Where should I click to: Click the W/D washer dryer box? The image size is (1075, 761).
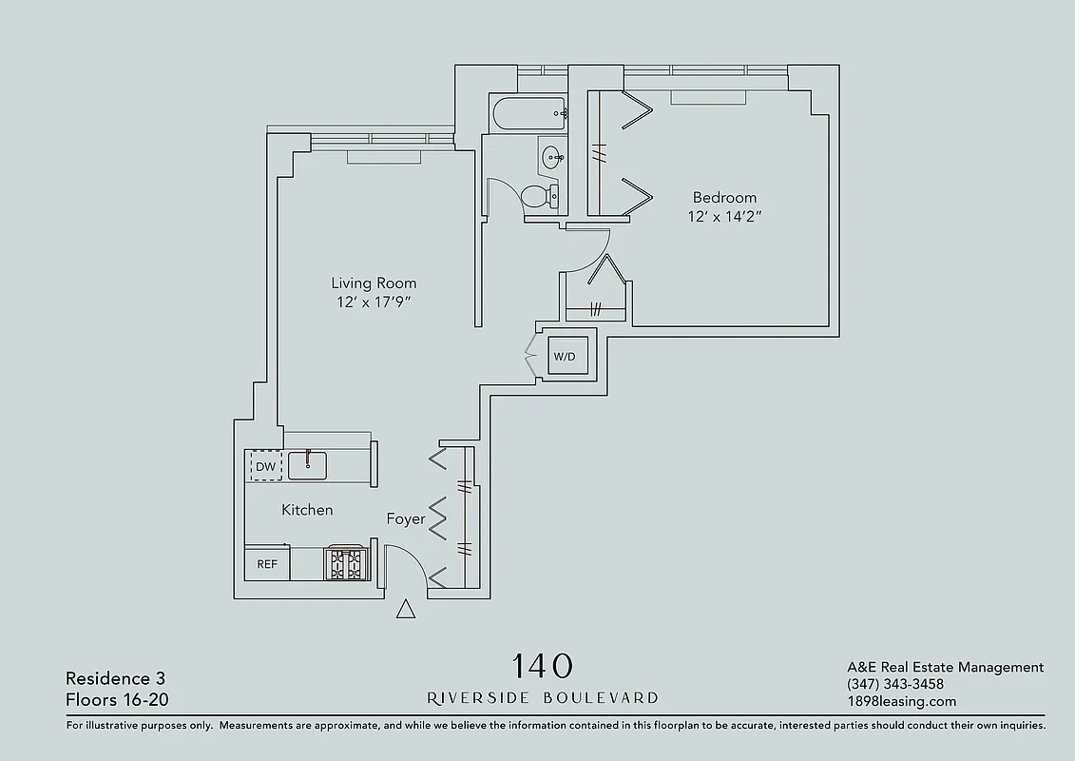coord(565,357)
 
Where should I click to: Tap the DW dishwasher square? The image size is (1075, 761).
coord(265,466)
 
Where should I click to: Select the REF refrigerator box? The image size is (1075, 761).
coord(267,564)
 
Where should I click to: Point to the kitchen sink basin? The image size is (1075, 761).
coord(308,465)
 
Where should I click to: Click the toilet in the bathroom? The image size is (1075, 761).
coord(538,197)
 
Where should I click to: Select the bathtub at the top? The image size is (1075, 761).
coord(528,114)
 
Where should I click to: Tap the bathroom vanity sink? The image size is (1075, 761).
coord(550,156)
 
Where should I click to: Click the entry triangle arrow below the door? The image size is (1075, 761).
coord(406,610)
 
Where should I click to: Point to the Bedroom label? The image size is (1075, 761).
coord(724,198)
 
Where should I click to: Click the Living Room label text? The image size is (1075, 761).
coord(374,283)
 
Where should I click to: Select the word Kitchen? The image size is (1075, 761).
coord(307,511)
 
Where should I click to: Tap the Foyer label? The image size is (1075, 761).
coord(405,519)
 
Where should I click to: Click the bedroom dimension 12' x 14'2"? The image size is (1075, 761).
coord(725,217)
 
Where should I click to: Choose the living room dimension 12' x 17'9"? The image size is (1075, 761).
coord(374,302)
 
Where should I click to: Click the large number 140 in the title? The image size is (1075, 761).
coord(543,666)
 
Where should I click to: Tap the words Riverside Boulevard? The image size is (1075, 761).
coord(543,697)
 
